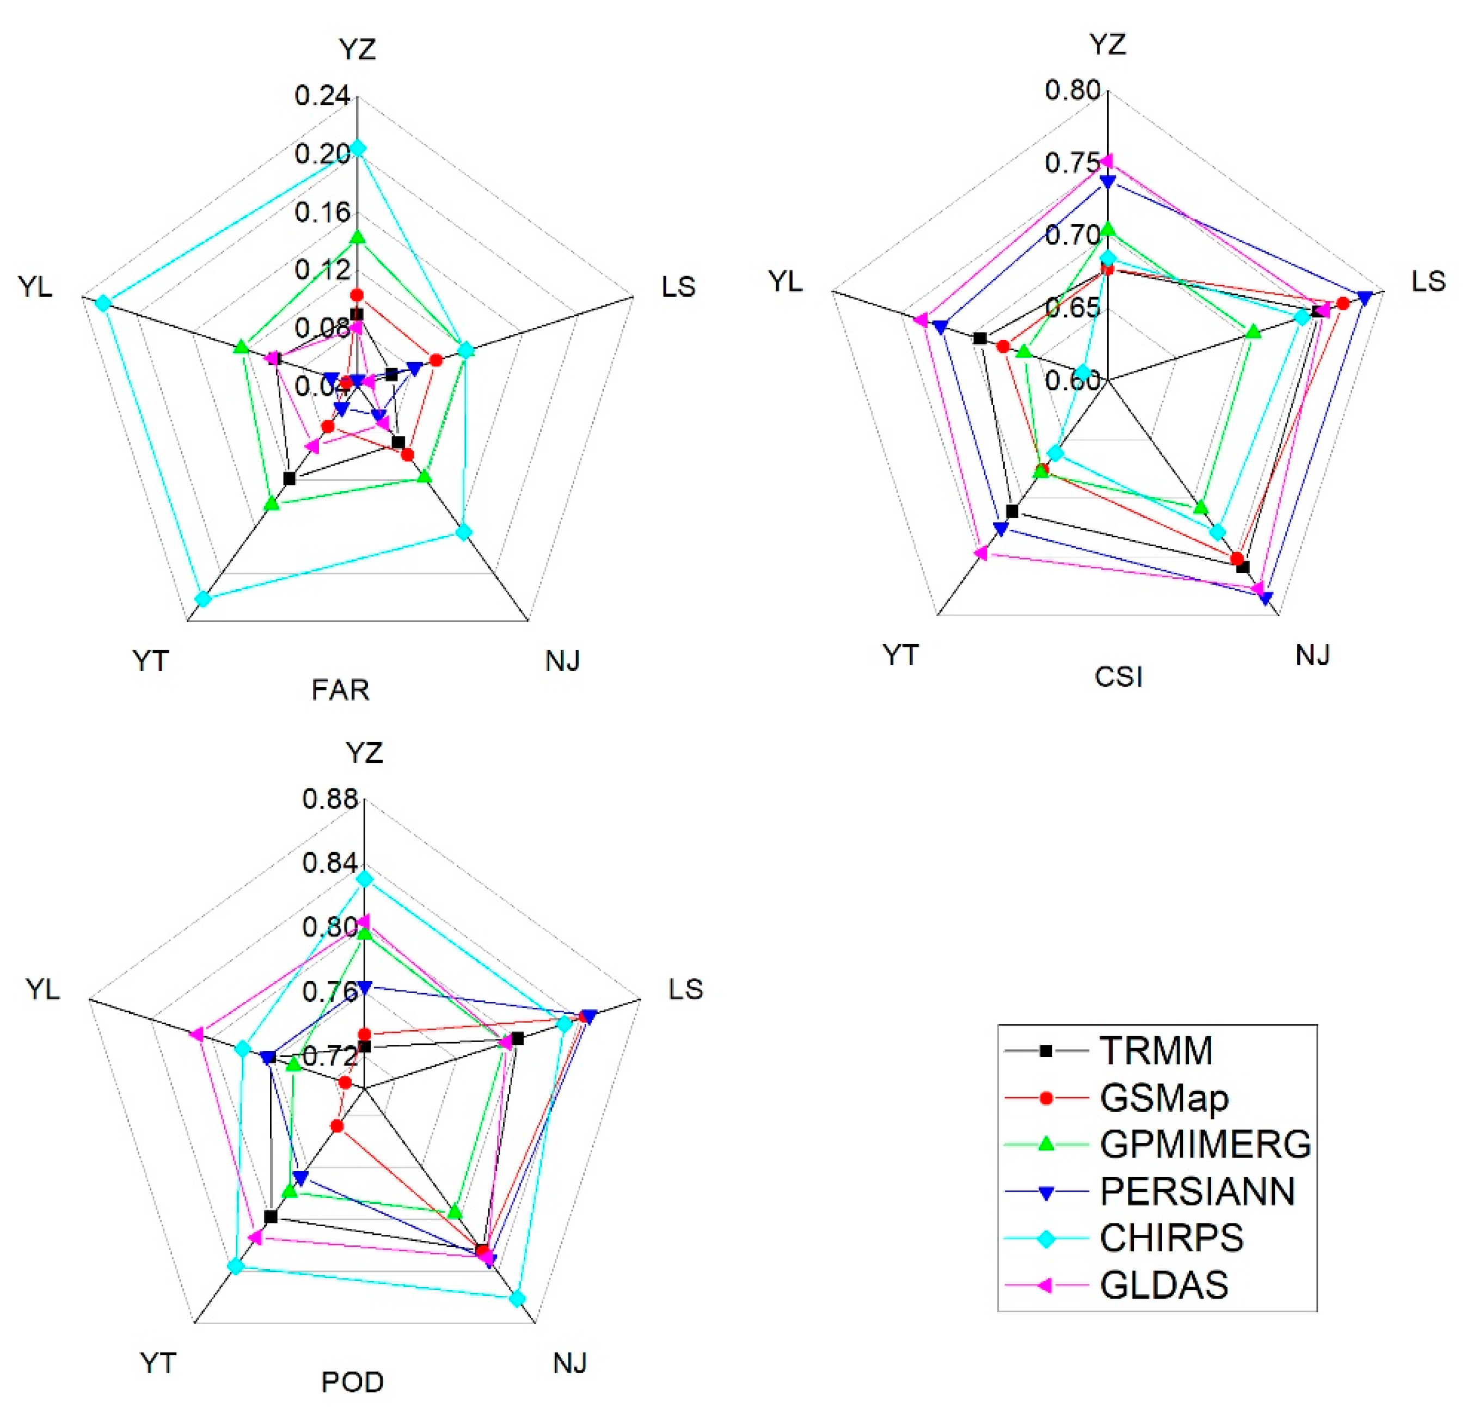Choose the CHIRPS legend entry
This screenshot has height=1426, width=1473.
point(1171,1238)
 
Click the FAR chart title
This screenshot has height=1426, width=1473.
point(340,690)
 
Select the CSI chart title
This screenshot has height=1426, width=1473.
point(1118,677)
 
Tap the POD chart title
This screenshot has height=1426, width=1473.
point(353,1382)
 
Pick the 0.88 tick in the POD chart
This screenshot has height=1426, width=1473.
point(330,798)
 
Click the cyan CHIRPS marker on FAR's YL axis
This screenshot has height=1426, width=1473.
point(103,303)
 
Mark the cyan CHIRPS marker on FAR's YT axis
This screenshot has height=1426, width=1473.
point(202,598)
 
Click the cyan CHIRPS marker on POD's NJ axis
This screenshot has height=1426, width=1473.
point(517,1298)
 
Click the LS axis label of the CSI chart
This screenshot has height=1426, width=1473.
point(1428,281)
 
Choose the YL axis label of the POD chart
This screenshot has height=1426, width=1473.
point(43,989)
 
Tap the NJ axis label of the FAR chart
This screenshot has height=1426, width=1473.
point(563,661)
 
